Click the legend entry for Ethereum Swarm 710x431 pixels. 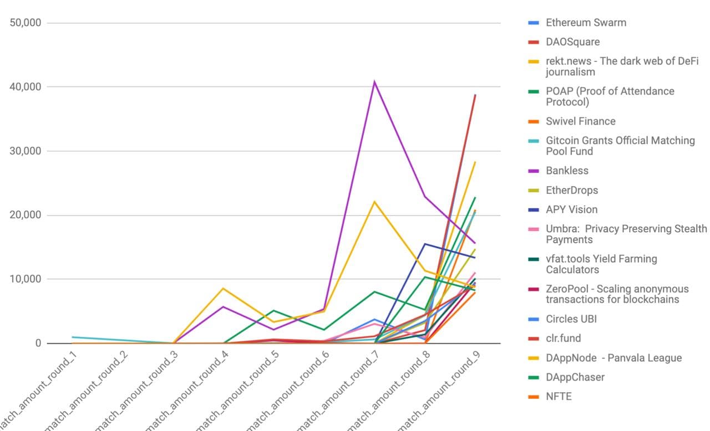[586, 23]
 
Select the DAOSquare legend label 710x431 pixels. [572, 42]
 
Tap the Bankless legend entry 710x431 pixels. [567, 171]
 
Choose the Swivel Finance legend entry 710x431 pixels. [580, 121]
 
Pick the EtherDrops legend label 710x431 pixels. [571, 190]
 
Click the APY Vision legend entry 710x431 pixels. [571, 209]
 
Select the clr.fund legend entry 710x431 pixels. [563, 338]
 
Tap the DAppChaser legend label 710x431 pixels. [575, 377]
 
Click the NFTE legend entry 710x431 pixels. [558, 397]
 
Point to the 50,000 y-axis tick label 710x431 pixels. [26, 23]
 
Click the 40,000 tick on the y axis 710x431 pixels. [26, 87]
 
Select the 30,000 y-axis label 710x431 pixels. [26, 151]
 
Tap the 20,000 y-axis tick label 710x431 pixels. [26, 215]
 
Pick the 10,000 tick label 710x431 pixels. [26, 279]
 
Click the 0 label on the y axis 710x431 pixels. [38, 343]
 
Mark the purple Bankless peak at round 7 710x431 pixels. [375, 81]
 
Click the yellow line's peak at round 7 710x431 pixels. [375, 202]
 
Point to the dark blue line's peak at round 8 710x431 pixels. [425, 244]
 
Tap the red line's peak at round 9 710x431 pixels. [475, 95]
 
